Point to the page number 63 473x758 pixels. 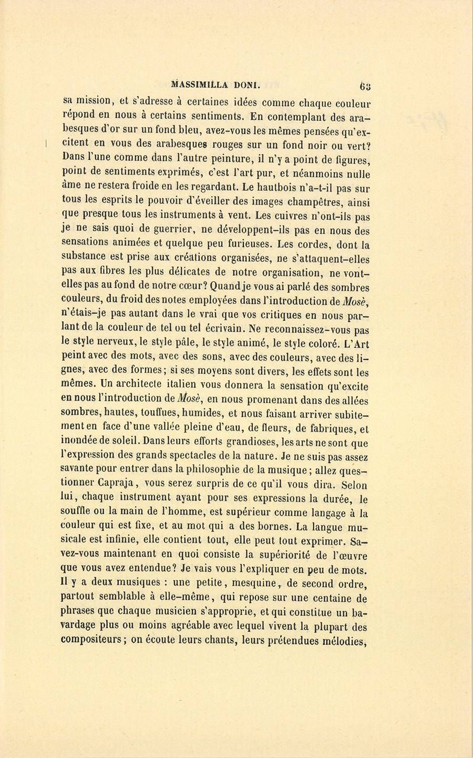click(x=365, y=85)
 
